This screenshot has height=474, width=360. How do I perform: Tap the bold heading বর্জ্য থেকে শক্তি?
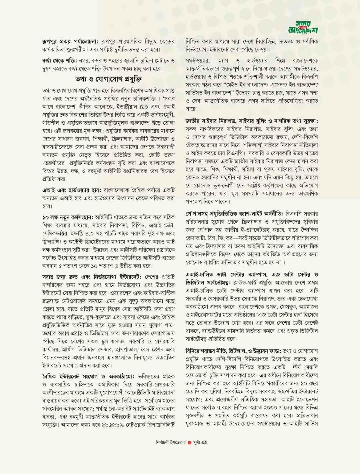pos(60,61)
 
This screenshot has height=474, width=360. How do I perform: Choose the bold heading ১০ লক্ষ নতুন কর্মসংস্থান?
pos(68,217)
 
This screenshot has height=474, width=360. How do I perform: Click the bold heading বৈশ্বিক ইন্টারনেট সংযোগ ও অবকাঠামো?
pos(88,377)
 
